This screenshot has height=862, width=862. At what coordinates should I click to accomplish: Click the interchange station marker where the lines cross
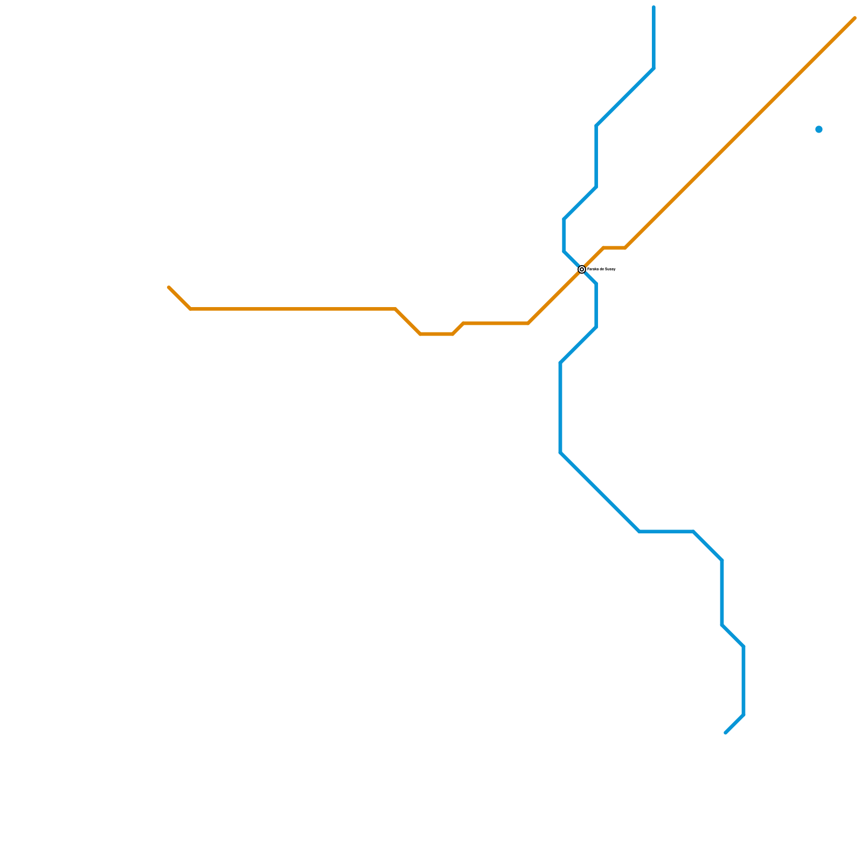tap(582, 269)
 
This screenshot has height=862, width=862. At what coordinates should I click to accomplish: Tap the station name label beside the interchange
tap(601, 269)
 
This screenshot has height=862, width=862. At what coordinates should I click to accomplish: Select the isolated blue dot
tap(819, 129)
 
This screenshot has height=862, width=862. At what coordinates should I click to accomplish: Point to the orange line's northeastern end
tap(854, 18)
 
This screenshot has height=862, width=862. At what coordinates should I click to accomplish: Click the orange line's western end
tap(169, 288)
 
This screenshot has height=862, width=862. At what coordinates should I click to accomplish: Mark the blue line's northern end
tap(654, 8)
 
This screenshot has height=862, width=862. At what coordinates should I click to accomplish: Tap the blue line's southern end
tap(726, 733)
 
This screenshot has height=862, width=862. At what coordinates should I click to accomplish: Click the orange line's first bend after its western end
tap(191, 309)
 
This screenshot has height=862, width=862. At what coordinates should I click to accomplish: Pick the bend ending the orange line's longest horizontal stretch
tap(395, 309)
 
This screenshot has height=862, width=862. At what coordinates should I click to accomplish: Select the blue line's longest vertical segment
tap(561, 408)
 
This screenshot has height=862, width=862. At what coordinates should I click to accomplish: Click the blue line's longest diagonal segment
tap(600, 492)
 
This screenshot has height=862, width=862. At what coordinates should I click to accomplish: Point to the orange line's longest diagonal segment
tap(740, 133)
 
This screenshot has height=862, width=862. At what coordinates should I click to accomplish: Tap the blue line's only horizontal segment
tap(666, 532)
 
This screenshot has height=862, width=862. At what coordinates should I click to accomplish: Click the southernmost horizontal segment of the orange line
tap(436, 334)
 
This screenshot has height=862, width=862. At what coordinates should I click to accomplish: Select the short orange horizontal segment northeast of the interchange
tap(614, 248)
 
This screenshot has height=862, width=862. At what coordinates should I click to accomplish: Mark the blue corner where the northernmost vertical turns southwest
tap(654, 68)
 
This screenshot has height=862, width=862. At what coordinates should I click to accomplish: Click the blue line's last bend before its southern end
tap(743, 715)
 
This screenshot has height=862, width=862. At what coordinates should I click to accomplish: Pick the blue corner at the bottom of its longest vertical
tap(561, 453)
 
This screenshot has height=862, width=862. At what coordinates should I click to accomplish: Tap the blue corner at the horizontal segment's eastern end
tap(693, 532)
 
